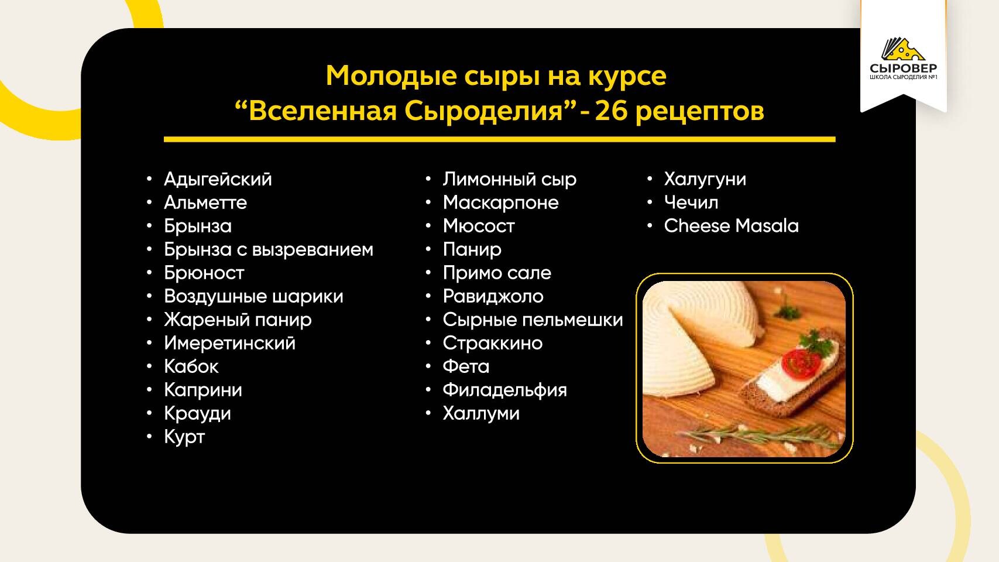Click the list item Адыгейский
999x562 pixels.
pyautogui.click(x=218, y=179)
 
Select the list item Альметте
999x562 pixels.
pyautogui.click(x=205, y=203)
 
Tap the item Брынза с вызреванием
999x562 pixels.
pyautogui.click(x=269, y=250)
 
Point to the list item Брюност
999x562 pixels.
pyautogui.click(x=204, y=273)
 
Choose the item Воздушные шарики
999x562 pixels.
pyautogui.click(x=253, y=297)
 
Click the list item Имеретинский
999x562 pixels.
pyautogui.click(x=229, y=344)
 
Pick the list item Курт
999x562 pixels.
pyautogui.click(x=184, y=437)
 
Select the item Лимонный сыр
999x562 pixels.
pyautogui.click(x=509, y=179)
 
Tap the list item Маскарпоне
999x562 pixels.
pyautogui.click(x=500, y=203)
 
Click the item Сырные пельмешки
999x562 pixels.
pyautogui.click(x=533, y=320)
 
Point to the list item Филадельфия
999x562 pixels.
pyautogui.click(x=504, y=390)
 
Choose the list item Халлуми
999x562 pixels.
pyautogui.click(x=480, y=413)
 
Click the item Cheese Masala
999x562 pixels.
pyautogui.click(x=731, y=226)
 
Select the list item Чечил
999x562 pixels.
pyautogui.click(x=691, y=203)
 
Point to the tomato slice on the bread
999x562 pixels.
pyautogui.click(x=801, y=362)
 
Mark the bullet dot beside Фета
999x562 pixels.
pyautogui.click(x=428, y=366)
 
